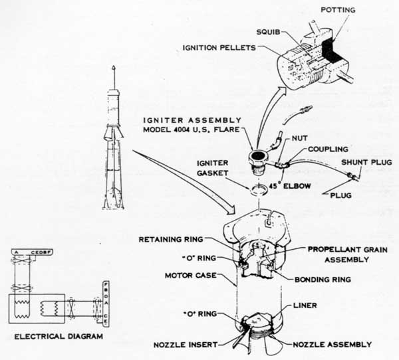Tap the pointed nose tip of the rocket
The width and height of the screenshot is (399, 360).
[115, 68]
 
